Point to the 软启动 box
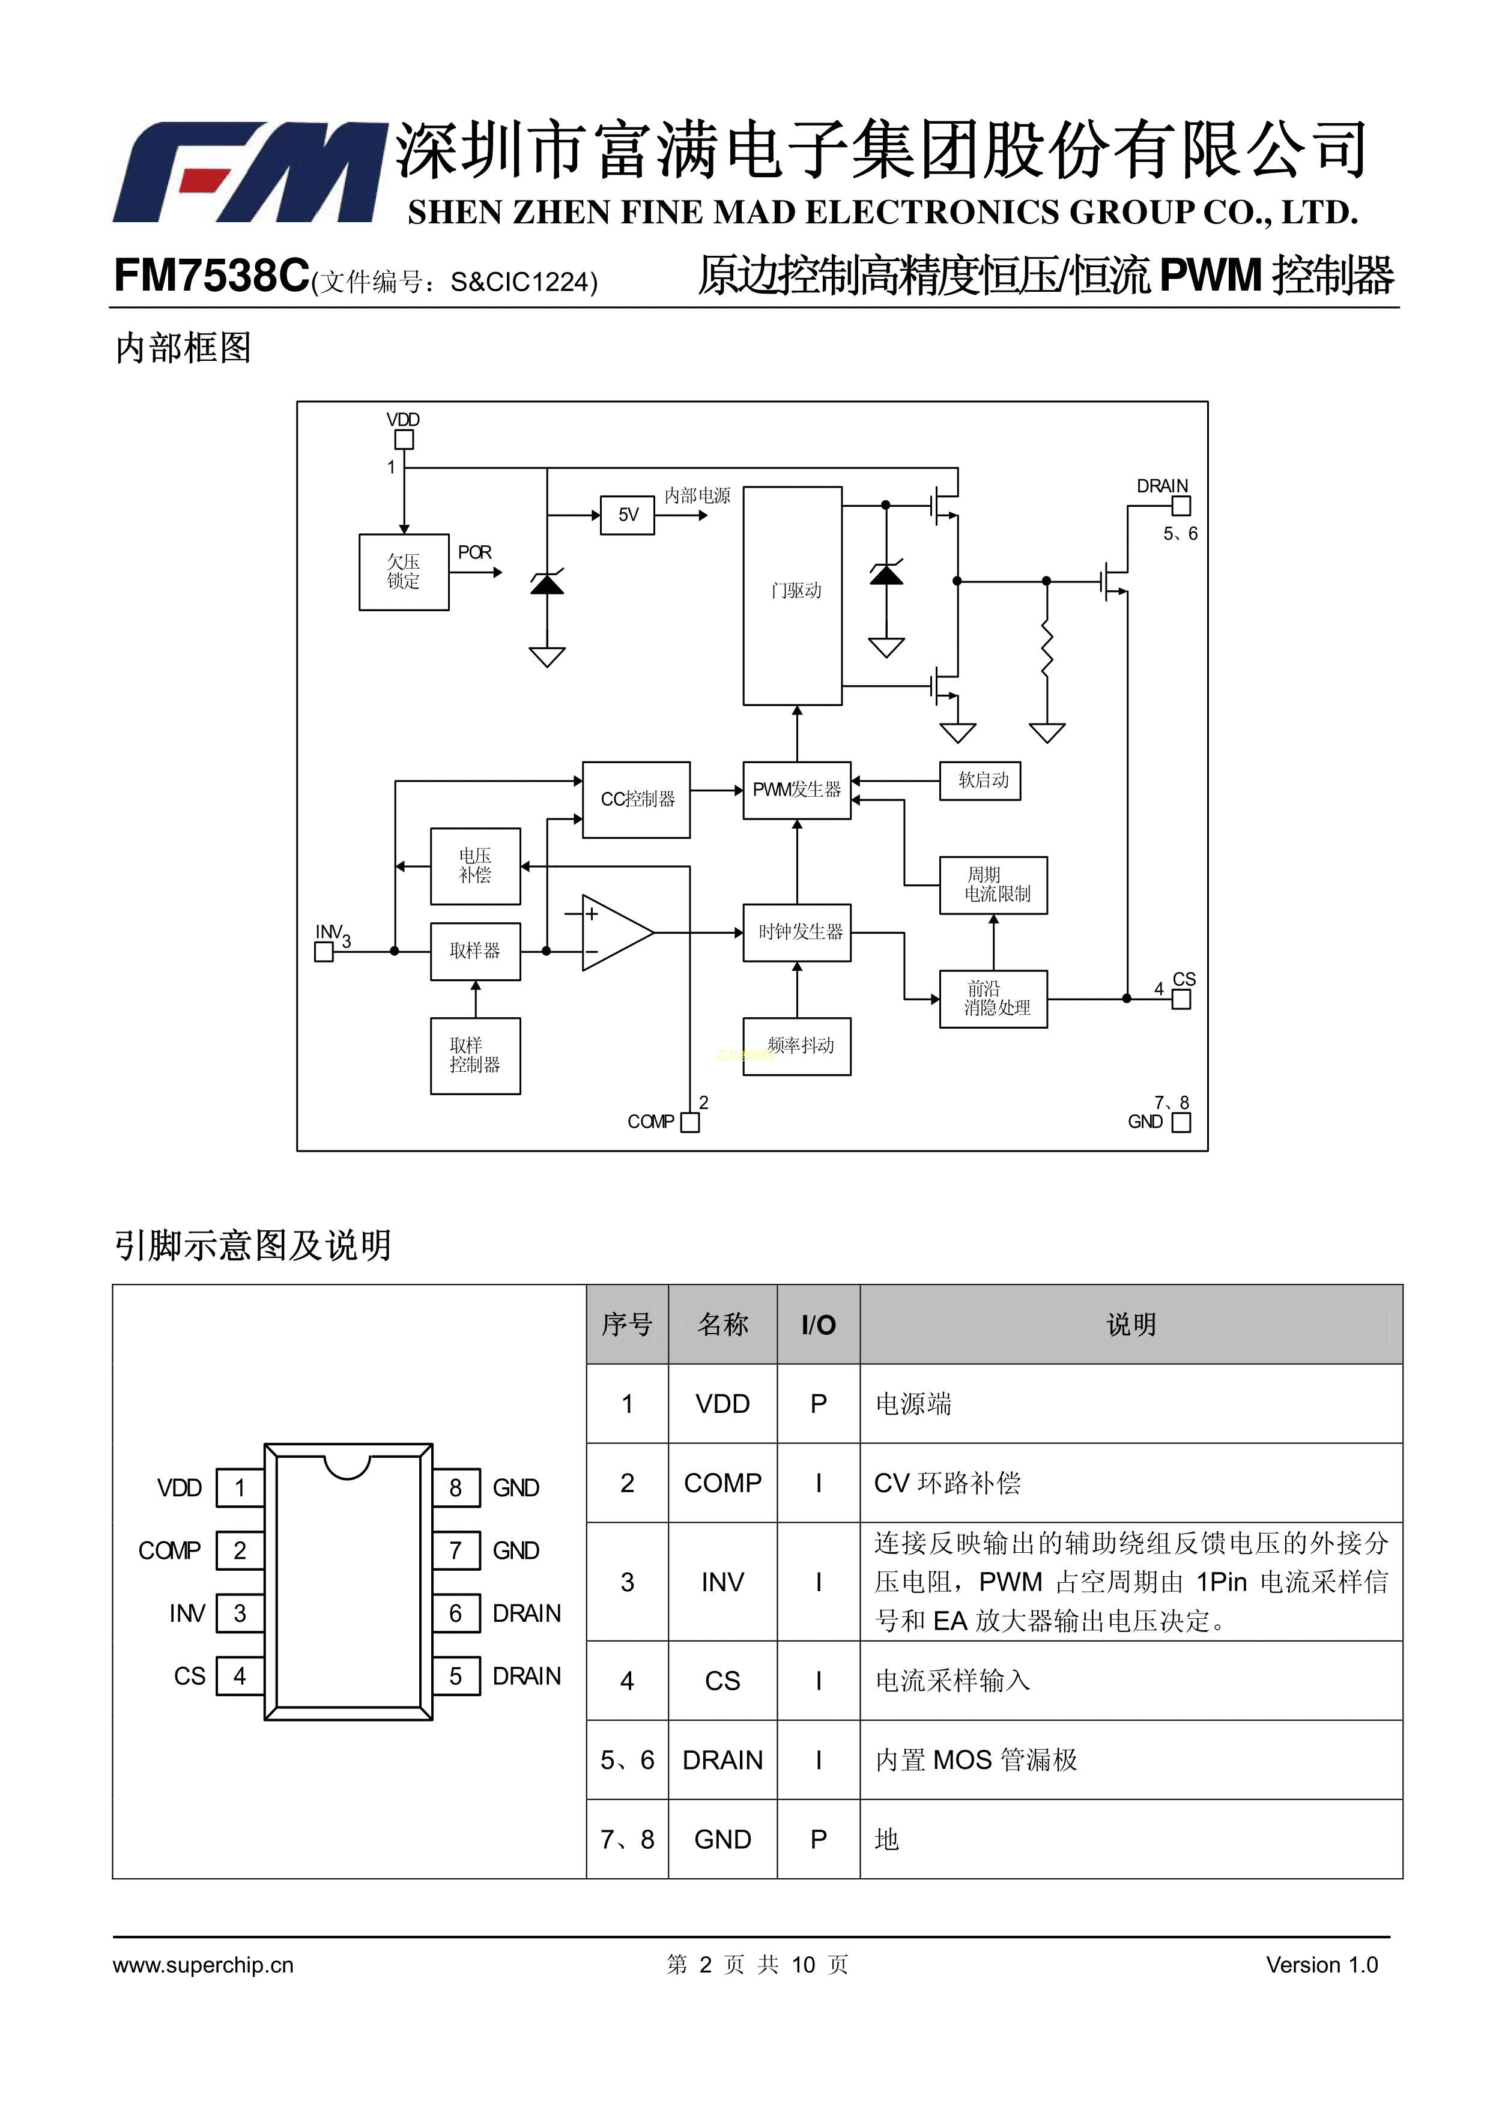[980, 781]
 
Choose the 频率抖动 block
[797, 1046]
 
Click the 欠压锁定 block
[404, 572]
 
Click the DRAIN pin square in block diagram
[1181, 506]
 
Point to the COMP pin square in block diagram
[689, 1122]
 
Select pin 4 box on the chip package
[240, 1676]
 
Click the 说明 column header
[1130, 1324]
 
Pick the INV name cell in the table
[722, 1582]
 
